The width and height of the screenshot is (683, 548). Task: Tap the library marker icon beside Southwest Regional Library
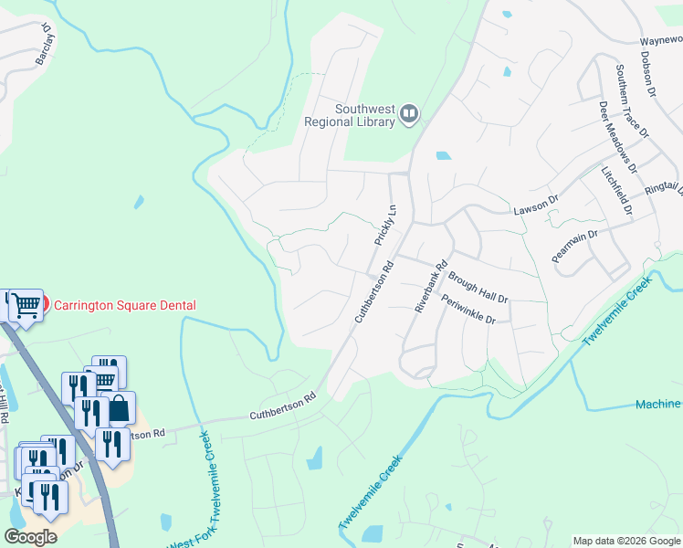409,114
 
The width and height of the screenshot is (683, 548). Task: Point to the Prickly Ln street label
385,225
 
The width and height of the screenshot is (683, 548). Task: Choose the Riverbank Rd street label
431,289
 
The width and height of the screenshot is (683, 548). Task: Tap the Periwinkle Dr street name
468,310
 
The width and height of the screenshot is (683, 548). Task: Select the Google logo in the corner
31,537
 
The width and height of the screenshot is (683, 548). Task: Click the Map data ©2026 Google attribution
625,541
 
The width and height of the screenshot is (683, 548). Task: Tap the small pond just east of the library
444,155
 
